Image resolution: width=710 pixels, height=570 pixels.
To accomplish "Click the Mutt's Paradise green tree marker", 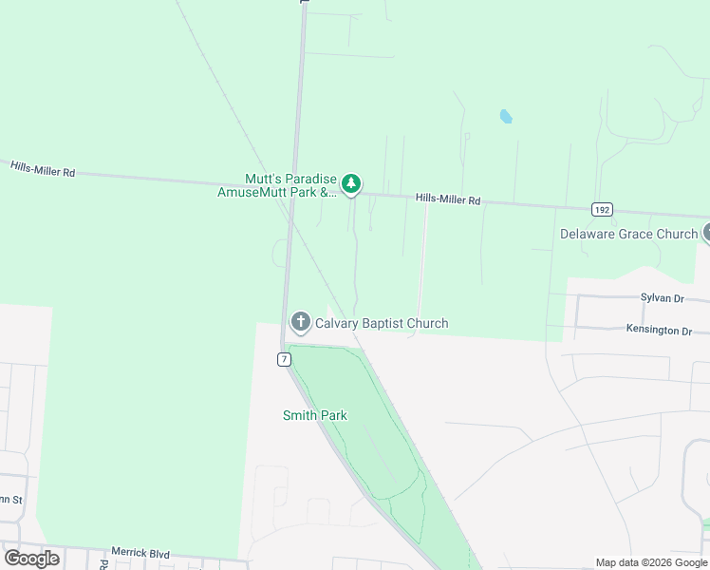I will [x=351, y=183].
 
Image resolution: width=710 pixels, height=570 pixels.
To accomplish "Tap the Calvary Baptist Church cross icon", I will [x=301, y=323].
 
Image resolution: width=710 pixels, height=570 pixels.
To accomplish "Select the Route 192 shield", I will [x=601, y=209].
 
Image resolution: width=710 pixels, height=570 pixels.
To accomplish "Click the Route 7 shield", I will [x=284, y=359].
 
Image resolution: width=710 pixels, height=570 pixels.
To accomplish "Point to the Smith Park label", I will [x=315, y=415].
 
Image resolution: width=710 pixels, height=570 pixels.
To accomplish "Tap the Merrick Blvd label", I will [x=140, y=552].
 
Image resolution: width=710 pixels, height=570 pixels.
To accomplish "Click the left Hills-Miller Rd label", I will [x=43, y=169].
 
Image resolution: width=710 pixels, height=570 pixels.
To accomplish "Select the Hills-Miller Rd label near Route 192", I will [x=448, y=200].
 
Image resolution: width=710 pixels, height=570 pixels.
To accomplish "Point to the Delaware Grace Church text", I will [x=628, y=234].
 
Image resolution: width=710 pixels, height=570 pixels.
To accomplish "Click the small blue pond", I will [x=505, y=117].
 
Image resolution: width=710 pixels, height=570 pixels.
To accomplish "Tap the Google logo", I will [x=31, y=559].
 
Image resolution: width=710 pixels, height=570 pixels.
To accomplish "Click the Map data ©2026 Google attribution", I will [x=652, y=562].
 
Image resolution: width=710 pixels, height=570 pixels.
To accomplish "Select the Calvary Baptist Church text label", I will [x=382, y=324].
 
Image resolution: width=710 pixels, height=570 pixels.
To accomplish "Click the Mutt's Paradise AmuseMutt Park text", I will [x=290, y=184].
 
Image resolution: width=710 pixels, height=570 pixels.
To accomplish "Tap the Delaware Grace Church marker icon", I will [x=706, y=233].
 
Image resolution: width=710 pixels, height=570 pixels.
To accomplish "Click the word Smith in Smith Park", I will [x=300, y=415].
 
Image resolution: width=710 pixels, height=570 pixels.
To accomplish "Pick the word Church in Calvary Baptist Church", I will [x=427, y=324].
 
